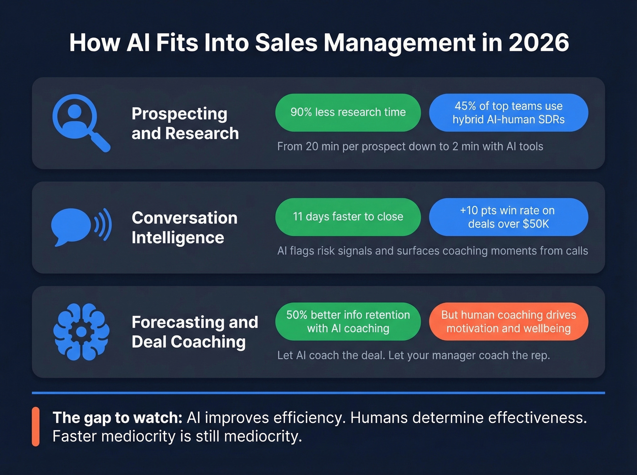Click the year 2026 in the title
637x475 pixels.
(x=539, y=43)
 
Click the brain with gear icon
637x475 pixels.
(x=81, y=332)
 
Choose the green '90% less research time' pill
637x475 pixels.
(x=348, y=112)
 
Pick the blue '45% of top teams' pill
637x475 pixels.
(x=508, y=113)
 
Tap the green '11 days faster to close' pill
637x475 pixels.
(x=348, y=217)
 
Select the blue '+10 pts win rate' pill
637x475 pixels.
(x=508, y=217)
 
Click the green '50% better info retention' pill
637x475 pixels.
(x=348, y=321)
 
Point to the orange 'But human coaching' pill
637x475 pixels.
(x=508, y=321)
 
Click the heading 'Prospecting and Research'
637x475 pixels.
(x=185, y=123)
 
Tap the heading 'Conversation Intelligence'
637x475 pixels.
(x=184, y=228)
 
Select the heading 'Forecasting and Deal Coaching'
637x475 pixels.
(x=194, y=332)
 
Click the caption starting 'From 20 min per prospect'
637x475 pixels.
(x=410, y=146)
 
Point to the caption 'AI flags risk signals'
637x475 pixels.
(x=432, y=251)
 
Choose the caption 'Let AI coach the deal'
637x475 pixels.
(x=413, y=355)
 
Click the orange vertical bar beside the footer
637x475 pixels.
(x=35, y=426)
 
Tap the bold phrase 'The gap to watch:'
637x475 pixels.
(x=117, y=417)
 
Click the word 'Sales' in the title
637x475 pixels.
(x=286, y=43)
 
